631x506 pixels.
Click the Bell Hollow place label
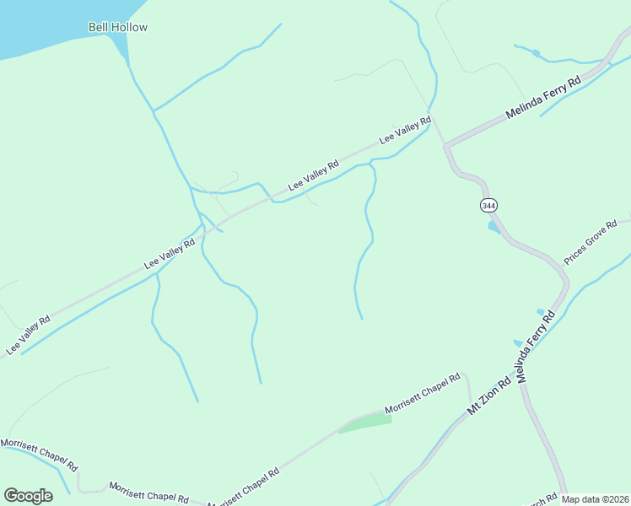click(118, 27)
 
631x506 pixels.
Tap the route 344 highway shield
click(488, 205)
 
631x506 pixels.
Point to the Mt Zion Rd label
click(490, 395)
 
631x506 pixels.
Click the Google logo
click(28, 496)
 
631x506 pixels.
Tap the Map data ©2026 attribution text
click(596, 499)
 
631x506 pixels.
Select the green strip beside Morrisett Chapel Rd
click(365, 423)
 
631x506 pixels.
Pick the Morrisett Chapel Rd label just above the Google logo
click(39, 455)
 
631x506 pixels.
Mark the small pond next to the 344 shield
click(493, 226)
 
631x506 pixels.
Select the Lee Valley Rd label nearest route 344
click(405, 131)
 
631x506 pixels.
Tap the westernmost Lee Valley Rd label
click(29, 334)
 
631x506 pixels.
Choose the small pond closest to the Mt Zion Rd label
click(518, 343)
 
